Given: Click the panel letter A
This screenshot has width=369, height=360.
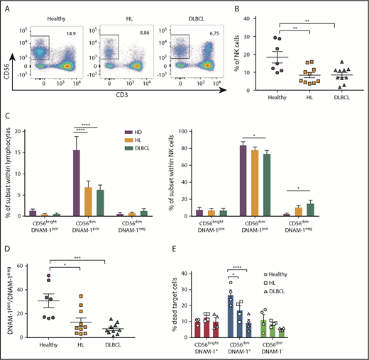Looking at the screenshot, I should pyautogui.click(x=6, y=7).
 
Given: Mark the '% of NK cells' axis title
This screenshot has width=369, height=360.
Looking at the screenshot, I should pyautogui.click(x=243, y=52).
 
